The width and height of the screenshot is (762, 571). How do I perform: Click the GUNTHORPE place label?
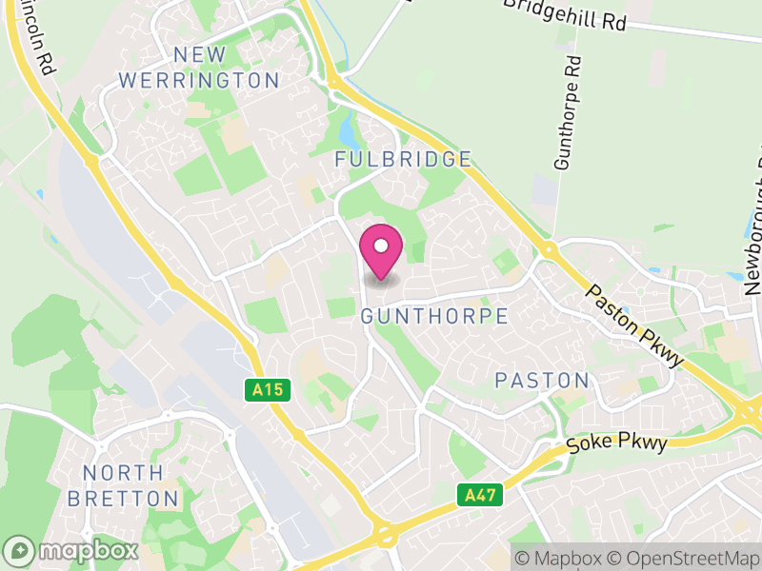pyautogui.click(x=434, y=316)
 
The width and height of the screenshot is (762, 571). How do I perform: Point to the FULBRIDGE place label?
pyautogui.click(x=403, y=159)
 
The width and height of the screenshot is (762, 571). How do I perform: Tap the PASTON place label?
pyautogui.click(x=542, y=381)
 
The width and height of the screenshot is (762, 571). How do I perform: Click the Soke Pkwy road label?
pyautogui.click(x=612, y=437)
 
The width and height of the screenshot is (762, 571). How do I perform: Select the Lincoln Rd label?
pyautogui.click(x=36, y=38)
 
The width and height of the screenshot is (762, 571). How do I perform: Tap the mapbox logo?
pyautogui.click(x=72, y=550)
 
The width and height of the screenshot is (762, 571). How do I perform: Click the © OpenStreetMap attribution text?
pyautogui.click(x=687, y=558)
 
